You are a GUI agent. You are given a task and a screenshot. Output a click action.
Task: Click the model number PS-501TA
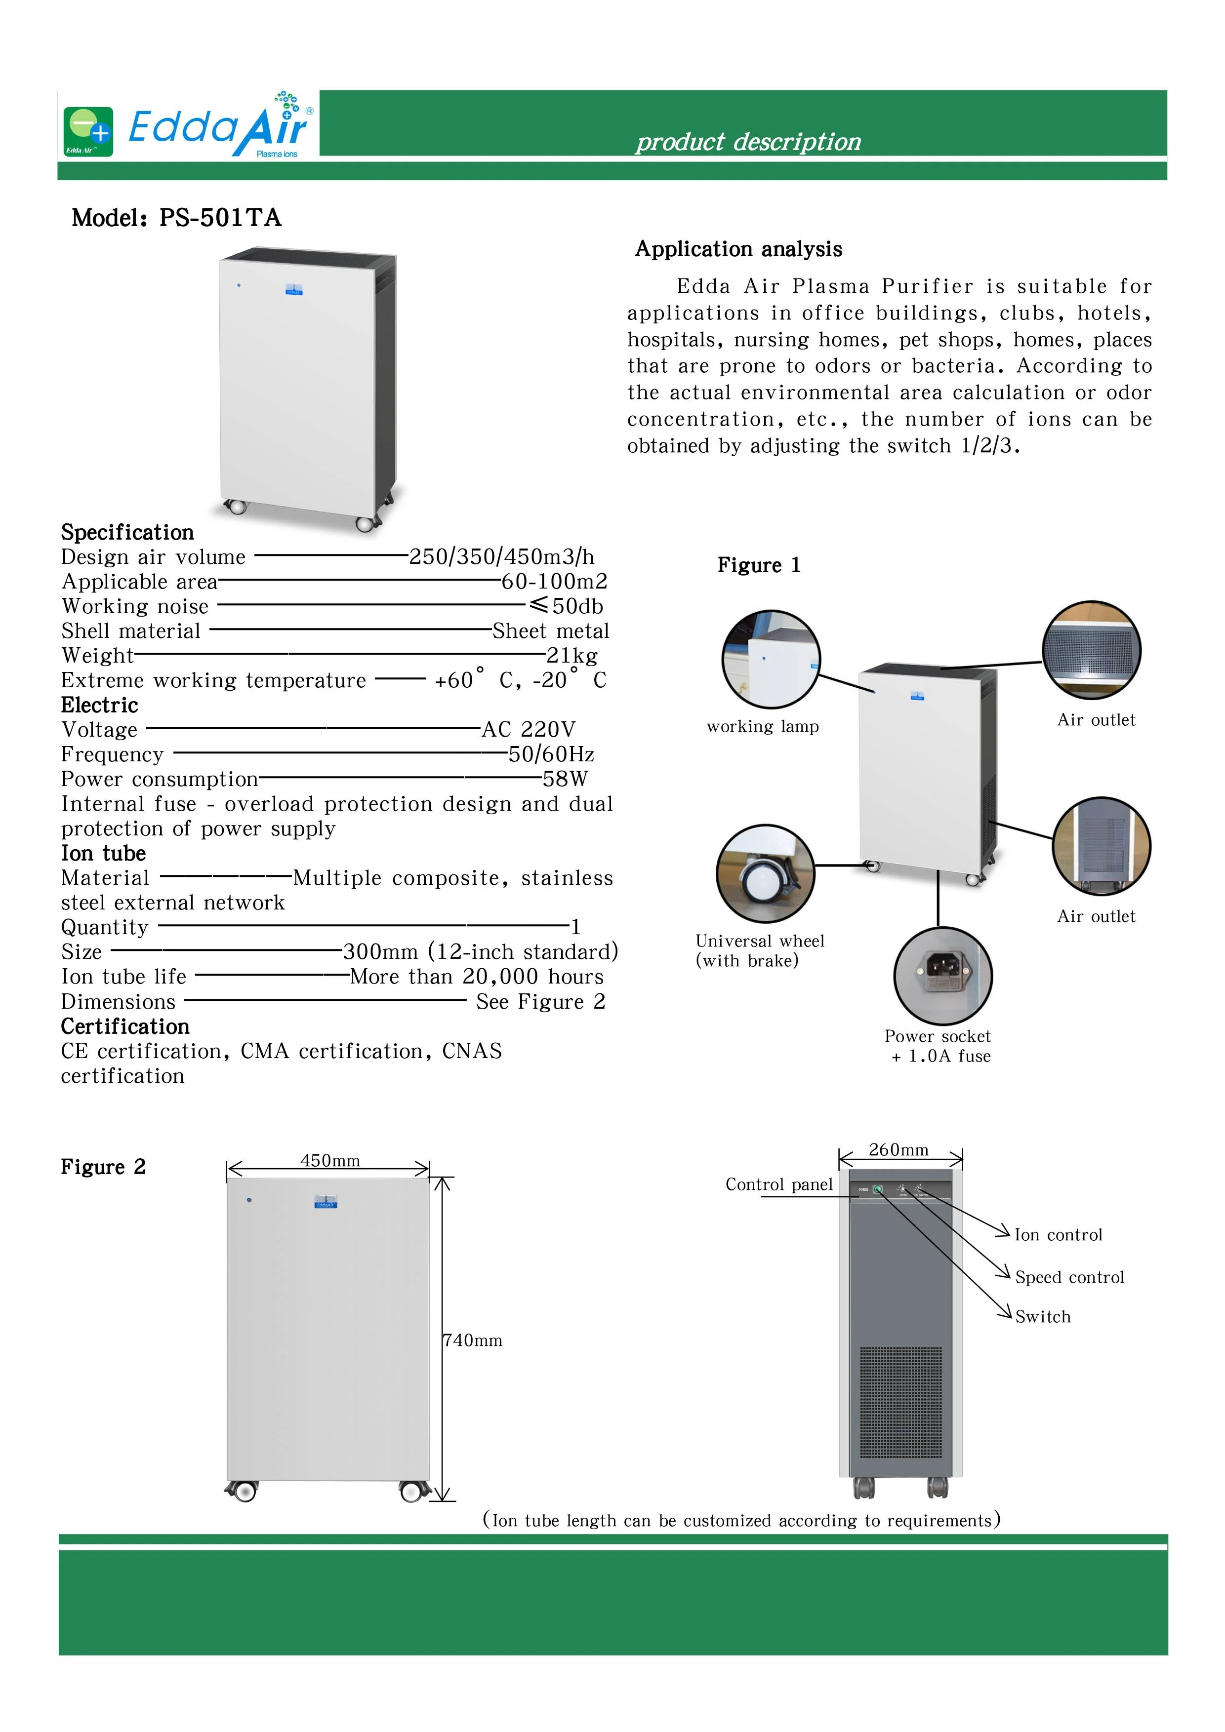pos(220,218)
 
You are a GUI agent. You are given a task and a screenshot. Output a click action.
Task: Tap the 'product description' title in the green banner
pos(747,142)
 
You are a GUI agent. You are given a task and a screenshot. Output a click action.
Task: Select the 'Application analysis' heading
pos(737,249)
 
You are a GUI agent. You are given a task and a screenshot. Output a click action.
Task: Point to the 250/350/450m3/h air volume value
pos(501,557)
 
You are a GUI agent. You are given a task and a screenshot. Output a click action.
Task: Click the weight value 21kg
pos(572,656)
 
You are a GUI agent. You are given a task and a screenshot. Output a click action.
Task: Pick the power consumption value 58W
pos(565,779)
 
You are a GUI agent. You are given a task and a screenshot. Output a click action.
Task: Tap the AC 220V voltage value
pos(529,729)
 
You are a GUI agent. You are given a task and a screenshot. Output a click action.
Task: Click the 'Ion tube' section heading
pos(103,853)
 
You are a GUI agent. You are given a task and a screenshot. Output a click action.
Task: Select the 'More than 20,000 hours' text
pos(476,977)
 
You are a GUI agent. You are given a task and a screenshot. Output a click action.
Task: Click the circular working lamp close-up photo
pos(771,659)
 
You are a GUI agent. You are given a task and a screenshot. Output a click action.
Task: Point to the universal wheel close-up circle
pos(765,873)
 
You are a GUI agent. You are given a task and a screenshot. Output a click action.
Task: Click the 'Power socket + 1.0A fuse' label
pos(938,1046)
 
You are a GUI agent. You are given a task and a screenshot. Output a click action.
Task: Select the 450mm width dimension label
pos(330,1160)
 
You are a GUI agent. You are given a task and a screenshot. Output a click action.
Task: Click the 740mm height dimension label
pos(473,1340)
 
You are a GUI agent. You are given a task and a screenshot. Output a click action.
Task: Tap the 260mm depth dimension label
pos(898,1149)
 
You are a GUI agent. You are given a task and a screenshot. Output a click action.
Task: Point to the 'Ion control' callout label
pos(1058,1235)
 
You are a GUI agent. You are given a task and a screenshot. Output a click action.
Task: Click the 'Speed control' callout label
pos(1069,1277)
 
